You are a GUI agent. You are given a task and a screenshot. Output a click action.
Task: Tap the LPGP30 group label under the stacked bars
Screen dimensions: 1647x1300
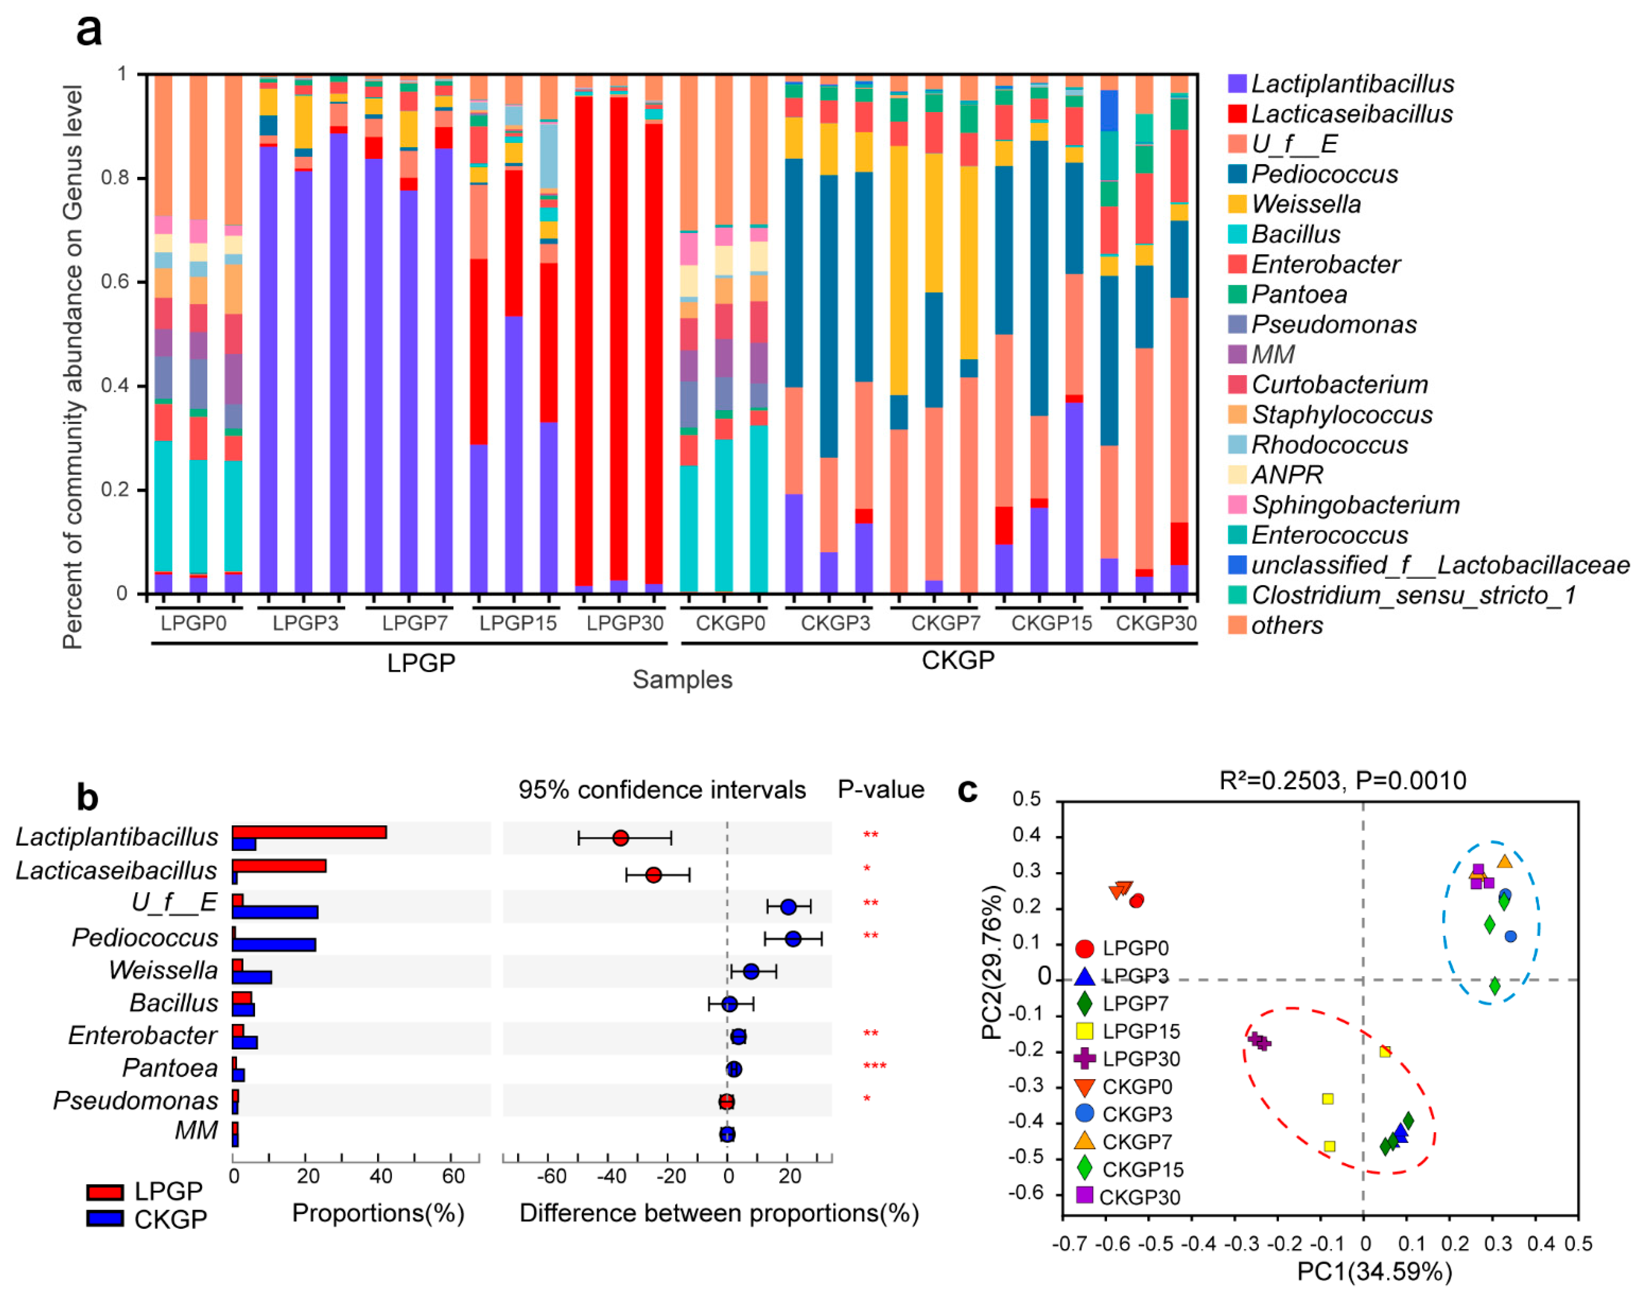(x=625, y=623)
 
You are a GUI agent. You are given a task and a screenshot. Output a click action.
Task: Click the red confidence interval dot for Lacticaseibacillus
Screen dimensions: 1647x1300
(x=653, y=875)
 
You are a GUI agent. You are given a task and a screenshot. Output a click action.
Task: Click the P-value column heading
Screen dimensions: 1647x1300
(x=881, y=789)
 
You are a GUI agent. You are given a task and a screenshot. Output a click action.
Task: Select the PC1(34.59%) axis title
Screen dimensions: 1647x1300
(x=1374, y=1271)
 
